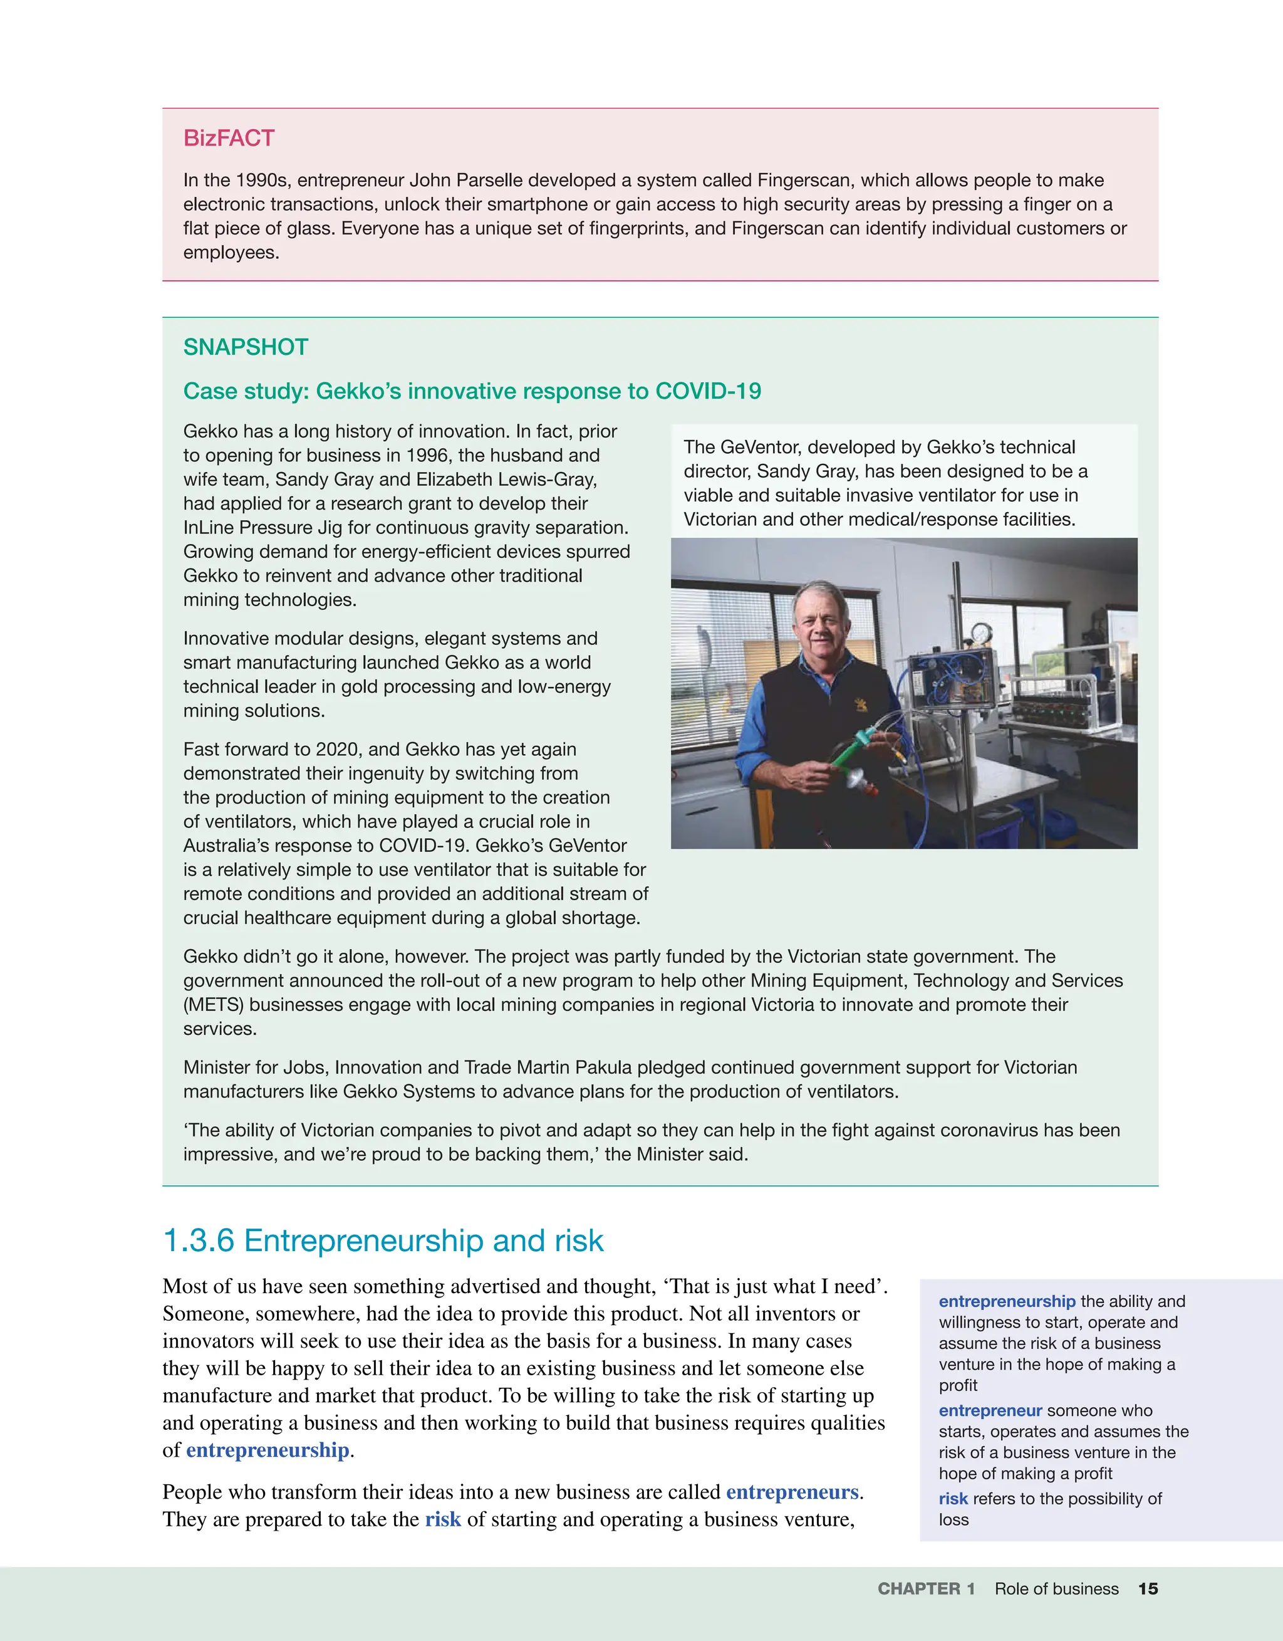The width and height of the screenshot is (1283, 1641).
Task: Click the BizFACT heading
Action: coord(229,139)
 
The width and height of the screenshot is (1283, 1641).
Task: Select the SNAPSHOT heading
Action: coord(246,347)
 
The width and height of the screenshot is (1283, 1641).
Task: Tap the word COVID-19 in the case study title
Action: coord(708,392)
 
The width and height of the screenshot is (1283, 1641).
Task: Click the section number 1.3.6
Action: coord(199,1240)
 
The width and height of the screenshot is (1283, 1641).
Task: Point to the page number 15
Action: coord(1148,1588)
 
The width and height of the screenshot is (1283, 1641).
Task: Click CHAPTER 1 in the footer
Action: coord(925,1588)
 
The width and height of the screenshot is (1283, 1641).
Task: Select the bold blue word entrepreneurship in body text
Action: coord(268,1450)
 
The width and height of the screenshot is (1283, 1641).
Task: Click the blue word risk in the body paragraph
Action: coord(442,1519)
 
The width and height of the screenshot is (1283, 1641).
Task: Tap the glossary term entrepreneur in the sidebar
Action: coord(990,1410)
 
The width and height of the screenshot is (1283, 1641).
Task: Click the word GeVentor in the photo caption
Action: coord(752,447)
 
